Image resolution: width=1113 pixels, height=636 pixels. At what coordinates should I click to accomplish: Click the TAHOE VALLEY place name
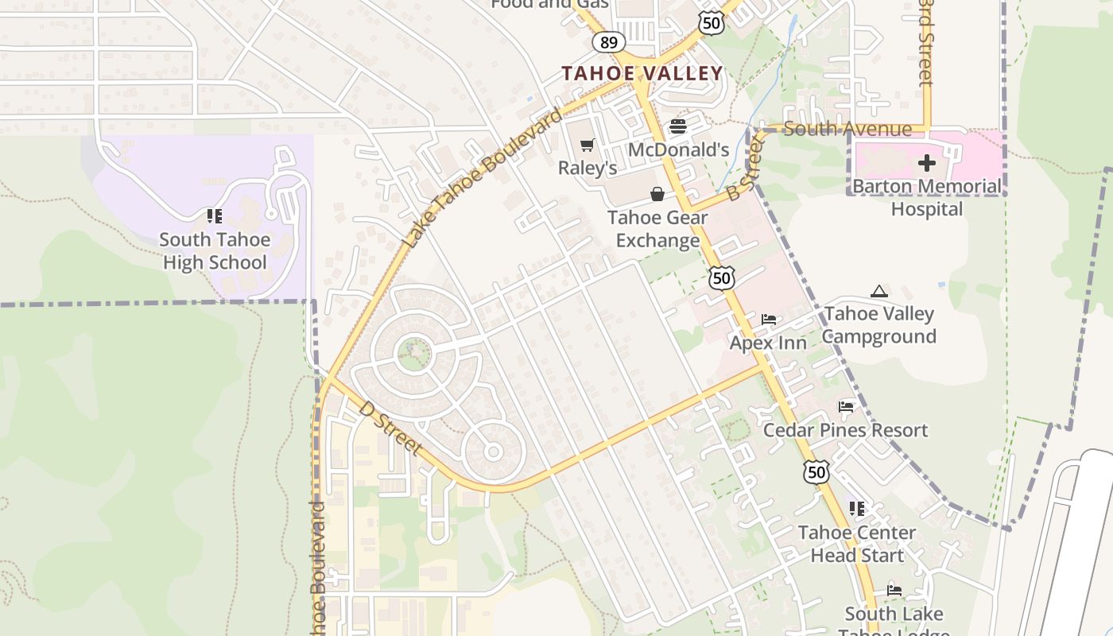642,74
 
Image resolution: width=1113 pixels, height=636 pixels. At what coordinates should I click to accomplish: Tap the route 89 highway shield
608,42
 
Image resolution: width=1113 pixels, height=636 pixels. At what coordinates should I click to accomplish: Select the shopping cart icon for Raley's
588,145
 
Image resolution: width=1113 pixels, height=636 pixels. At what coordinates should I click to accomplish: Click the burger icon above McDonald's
678,126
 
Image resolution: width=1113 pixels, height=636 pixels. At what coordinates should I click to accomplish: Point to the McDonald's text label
678,149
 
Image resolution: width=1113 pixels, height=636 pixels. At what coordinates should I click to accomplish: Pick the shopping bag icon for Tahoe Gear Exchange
657,194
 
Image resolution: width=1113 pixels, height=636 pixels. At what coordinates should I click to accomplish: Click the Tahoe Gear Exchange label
657,229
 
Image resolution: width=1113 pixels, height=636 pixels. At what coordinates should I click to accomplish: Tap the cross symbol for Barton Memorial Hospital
926,164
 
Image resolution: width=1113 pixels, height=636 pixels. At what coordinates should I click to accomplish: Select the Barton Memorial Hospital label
927,198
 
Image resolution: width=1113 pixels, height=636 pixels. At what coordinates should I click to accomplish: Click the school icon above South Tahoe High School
214,215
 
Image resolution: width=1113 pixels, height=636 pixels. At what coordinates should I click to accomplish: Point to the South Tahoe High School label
215,251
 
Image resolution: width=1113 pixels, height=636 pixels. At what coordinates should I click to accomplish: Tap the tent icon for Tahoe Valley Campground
878,292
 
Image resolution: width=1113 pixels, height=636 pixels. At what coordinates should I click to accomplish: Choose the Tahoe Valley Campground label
878,325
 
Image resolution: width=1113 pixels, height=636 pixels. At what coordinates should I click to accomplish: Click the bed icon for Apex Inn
768,320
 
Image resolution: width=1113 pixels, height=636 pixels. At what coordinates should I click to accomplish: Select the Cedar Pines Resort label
845,430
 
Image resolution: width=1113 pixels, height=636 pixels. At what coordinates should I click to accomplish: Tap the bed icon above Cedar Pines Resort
846,407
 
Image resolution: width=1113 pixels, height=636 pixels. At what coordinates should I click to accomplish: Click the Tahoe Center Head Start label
857,544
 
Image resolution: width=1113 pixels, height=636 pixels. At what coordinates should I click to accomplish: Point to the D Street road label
390,428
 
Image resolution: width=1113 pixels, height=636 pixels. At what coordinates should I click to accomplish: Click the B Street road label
744,169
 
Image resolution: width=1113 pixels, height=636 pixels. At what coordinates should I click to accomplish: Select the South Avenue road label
847,129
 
